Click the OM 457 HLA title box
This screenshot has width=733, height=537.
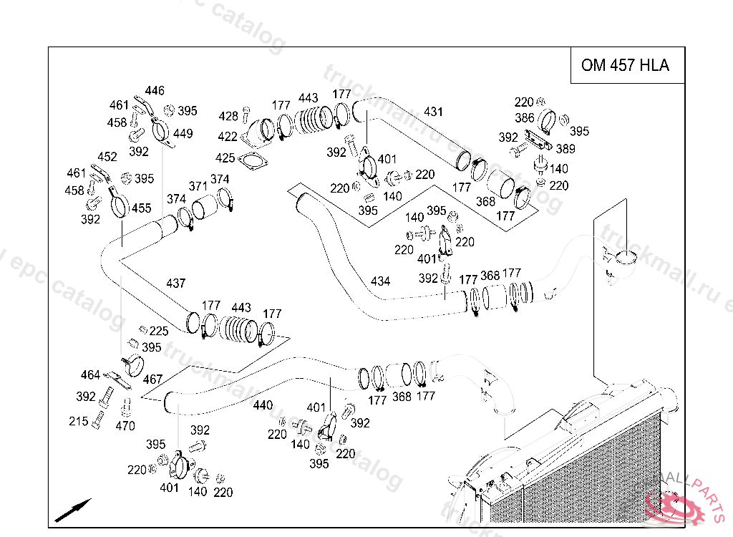click(x=625, y=65)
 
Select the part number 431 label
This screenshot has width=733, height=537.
click(x=433, y=112)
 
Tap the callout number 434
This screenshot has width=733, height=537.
click(x=380, y=281)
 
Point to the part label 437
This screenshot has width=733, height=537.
click(x=175, y=283)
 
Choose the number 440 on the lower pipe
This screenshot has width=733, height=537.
click(x=263, y=405)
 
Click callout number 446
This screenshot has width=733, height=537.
click(x=155, y=91)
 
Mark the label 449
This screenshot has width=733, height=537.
click(x=183, y=134)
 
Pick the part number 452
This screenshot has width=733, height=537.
click(x=107, y=157)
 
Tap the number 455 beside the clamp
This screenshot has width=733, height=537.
click(x=142, y=208)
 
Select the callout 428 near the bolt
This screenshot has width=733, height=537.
click(x=228, y=117)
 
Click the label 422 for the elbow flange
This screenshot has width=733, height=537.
click(x=228, y=137)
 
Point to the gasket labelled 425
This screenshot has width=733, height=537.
click(x=225, y=158)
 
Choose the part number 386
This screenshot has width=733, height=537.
click(x=524, y=118)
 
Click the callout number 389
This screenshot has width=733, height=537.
click(x=565, y=149)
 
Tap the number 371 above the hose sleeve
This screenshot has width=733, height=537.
click(x=198, y=186)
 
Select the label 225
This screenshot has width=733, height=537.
click(x=159, y=331)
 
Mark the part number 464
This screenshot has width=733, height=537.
click(x=90, y=374)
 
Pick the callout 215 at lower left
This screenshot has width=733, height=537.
click(x=79, y=422)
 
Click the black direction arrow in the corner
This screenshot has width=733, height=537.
click(x=73, y=509)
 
